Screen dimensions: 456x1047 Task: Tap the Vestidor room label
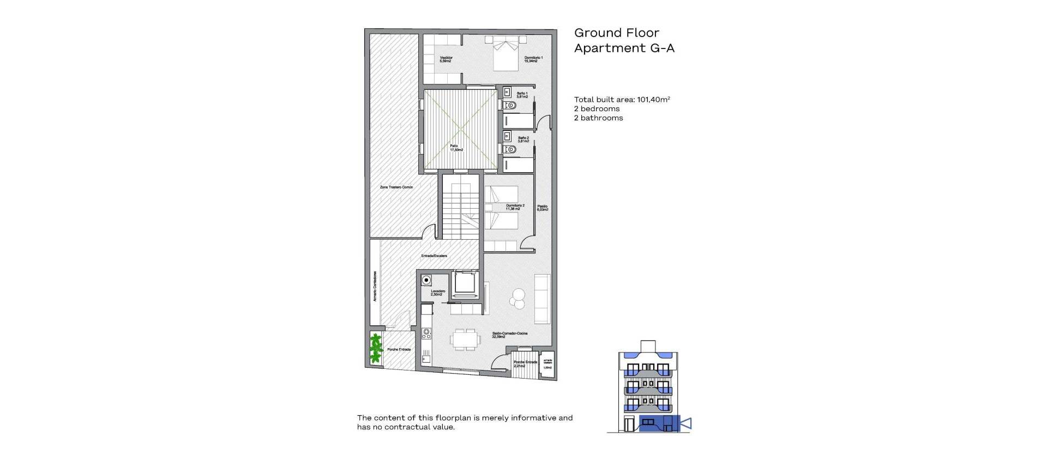tap(446, 59)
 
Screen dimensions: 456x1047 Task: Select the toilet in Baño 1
tap(510, 105)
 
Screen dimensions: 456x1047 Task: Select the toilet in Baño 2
tap(510, 149)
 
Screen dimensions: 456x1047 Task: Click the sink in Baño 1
tap(507, 92)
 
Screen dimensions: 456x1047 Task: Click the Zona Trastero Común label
tap(396, 187)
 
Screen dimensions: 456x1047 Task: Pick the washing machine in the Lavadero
tap(426, 280)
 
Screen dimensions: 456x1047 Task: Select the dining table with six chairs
tap(465, 340)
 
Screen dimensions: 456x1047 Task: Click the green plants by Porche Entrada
tap(375, 349)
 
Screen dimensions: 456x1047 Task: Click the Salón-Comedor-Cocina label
tap(509, 335)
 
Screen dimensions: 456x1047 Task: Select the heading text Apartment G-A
tap(624, 48)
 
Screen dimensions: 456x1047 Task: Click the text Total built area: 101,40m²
tap(622, 100)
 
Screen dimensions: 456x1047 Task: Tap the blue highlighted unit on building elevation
tap(659, 423)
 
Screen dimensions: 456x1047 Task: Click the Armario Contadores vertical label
tap(375, 287)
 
